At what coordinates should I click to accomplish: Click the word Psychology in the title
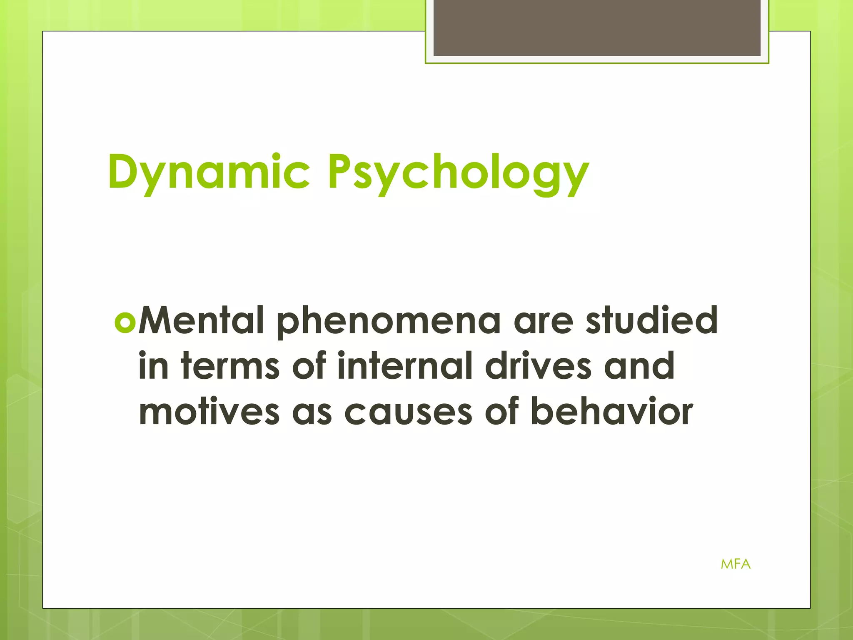(458, 172)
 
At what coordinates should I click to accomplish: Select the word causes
(408, 412)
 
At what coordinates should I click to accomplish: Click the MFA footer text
(736, 564)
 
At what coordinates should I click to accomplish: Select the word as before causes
(312, 412)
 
